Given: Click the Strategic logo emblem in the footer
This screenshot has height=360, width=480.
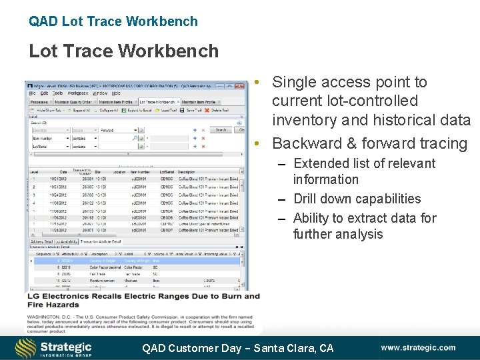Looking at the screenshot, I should (26, 347).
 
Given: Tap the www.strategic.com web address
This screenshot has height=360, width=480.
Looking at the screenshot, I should (418, 347).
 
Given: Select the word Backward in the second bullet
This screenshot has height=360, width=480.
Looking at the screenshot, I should (303, 143).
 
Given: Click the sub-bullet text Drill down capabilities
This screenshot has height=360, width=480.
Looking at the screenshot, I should (357, 199).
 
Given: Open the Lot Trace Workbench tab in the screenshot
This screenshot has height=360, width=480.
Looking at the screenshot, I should (157, 102).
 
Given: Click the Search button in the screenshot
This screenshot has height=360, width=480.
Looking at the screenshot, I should (221, 130).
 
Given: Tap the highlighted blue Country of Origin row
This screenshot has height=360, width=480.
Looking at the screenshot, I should (133, 261).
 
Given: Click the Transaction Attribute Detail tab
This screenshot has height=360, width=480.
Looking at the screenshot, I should (101, 241).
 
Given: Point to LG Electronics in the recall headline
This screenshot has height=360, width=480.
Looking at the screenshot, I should (57, 296).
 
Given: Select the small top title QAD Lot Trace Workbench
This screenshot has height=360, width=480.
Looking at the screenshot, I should (113, 21).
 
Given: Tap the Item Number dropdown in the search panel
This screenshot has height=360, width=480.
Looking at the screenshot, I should (51, 138).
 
